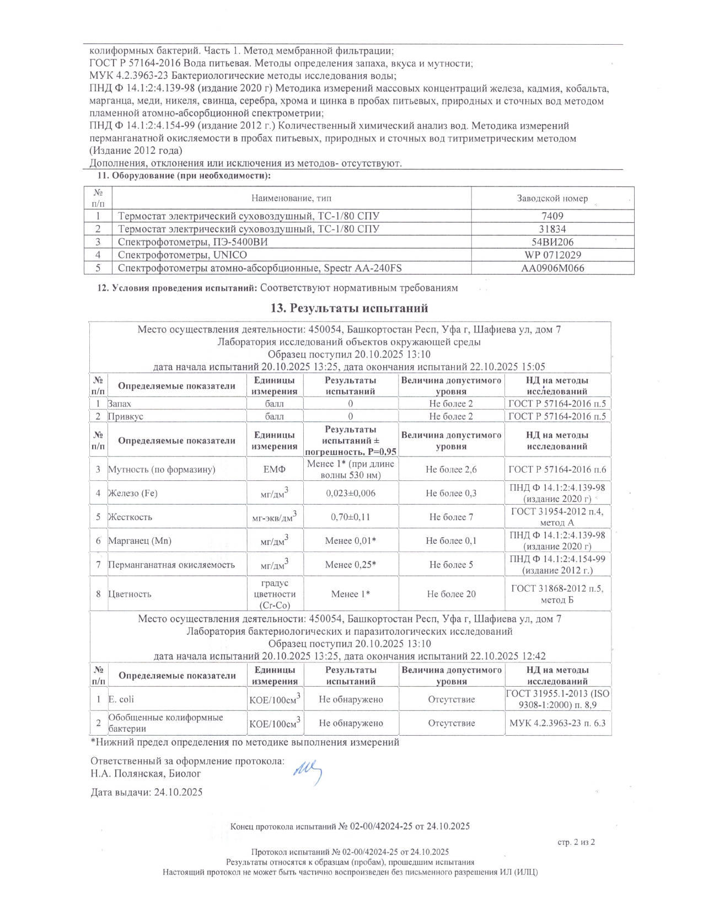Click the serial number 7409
tap(552, 216)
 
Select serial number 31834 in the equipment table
tap(552, 229)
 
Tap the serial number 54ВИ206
tap(552, 242)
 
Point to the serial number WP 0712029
tap(552, 255)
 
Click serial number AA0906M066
tap(552, 269)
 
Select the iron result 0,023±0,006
tap(351, 493)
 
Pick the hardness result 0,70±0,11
tap(351, 517)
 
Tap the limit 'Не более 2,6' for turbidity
tap(451, 469)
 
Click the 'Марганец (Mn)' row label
tap(139, 541)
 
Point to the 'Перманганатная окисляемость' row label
tap(171, 565)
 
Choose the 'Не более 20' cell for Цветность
tap(451, 594)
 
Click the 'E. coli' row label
tap(121, 699)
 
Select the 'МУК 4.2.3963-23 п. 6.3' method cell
tap(557, 723)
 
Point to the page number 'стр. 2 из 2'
tap(576, 842)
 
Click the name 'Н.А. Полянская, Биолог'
tap(146, 773)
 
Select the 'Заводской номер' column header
tap(552, 199)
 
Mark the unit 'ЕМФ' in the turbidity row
tap(274, 469)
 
